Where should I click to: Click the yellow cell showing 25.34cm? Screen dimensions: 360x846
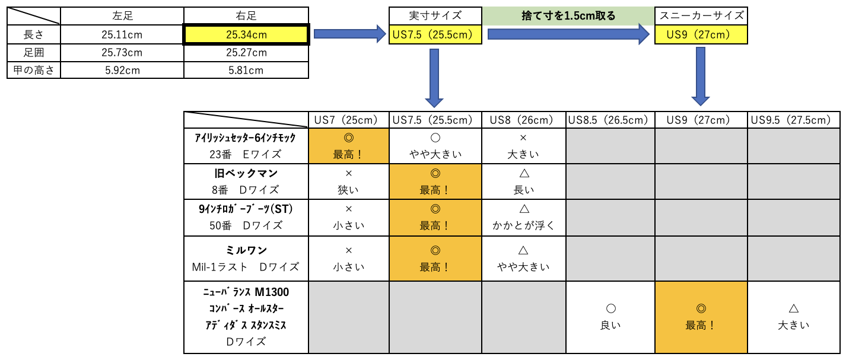(246, 35)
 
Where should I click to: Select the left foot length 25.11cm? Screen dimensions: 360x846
(122, 35)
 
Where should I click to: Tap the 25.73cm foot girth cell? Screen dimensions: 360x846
(122, 53)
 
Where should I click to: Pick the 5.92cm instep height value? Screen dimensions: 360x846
(122, 71)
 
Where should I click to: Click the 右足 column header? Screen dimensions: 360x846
(246, 16)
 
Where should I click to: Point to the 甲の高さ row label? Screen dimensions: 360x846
(34, 71)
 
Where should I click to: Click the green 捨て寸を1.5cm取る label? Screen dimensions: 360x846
(568, 16)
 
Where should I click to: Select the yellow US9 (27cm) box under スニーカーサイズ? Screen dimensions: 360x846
(700, 34)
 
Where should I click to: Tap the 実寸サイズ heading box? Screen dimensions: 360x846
(435, 16)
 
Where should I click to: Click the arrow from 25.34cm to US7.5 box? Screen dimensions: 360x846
(349, 34)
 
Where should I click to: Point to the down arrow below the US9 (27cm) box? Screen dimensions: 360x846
(701, 76)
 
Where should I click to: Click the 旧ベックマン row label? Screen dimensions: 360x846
(246, 182)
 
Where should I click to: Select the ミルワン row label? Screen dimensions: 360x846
(246, 259)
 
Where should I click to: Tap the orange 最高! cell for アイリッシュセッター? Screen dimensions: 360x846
(349, 146)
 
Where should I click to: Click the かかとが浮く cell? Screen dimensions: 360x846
(523, 217)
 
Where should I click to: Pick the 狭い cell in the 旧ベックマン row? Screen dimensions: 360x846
(349, 182)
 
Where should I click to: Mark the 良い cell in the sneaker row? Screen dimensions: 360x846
(610, 317)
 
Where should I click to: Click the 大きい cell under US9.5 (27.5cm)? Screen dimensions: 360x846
(793, 317)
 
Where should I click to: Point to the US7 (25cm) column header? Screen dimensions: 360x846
(349, 120)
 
